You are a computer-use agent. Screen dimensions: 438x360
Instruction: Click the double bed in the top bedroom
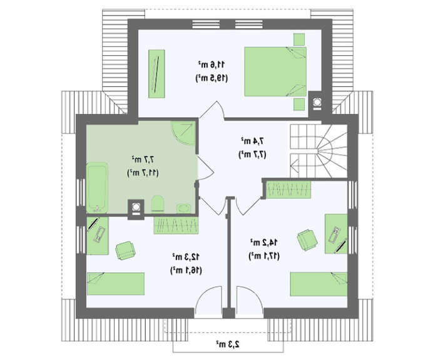[275, 71]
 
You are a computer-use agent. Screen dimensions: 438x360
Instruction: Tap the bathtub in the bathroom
[97, 188]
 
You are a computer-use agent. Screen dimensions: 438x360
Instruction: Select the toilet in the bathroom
[157, 203]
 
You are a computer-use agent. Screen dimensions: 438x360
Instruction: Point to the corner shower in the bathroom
[183, 133]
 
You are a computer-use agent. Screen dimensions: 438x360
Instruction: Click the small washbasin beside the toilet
[183, 208]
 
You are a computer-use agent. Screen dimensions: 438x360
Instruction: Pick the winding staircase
[318, 151]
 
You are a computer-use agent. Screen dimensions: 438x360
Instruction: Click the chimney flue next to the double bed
[317, 102]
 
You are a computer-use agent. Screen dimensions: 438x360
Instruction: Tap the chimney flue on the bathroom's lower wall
[136, 208]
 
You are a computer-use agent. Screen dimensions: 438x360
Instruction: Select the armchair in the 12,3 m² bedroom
[125, 250]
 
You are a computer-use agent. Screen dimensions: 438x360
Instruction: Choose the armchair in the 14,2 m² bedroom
[307, 240]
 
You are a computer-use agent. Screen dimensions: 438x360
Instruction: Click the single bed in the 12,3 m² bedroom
[116, 284]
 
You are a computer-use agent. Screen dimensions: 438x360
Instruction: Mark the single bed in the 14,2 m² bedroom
[318, 284]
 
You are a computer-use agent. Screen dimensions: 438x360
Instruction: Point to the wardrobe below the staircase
[288, 190]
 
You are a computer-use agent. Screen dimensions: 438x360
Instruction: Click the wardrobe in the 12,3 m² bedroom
[176, 225]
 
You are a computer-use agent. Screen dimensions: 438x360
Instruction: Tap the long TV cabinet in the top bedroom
[156, 74]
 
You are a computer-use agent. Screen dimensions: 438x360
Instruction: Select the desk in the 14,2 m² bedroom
[336, 234]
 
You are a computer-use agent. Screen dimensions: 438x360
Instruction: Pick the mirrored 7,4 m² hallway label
[252, 141]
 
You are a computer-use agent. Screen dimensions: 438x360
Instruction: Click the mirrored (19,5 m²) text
[211, 78]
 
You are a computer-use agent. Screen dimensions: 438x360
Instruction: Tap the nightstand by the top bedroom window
[299, 39]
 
